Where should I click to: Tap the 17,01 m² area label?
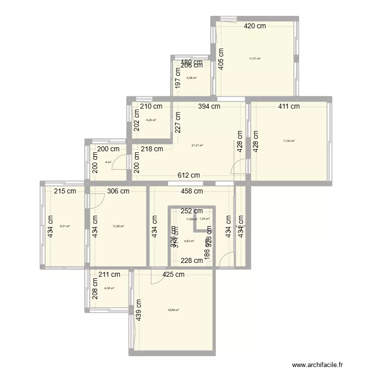[255, 58]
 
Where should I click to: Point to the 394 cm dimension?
[209, 106]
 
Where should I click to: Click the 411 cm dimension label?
[289, 106]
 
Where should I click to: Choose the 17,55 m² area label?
[289, 141]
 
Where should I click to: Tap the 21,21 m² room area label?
[197, 145]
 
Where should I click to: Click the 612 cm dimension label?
[189, 175]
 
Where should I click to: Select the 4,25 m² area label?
[151, 120]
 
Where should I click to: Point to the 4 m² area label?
[108, 162]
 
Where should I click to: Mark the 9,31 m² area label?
[64, 226]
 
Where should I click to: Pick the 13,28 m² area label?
[118, 226]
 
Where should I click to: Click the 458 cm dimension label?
[192, 191]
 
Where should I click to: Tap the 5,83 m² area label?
[189, 242]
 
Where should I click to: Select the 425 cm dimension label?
[173, 274]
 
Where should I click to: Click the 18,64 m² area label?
[173, 310]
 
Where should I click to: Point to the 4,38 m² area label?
[109, 288]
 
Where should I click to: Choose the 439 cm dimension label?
[138, 310]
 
